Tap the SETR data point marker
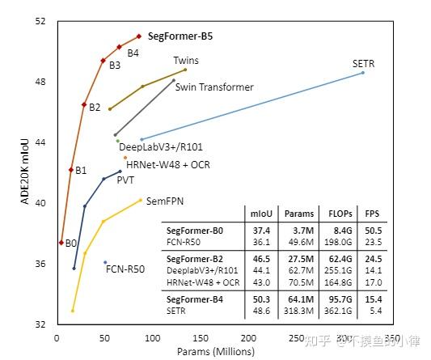click(x=363, y=73)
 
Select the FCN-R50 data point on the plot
click(x=105, y=262)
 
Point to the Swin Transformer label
click(x=214, y=87)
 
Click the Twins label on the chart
click(x=185, y=61)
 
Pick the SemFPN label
click(x=162, y=200)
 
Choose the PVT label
click(x=125, y=180)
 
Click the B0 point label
click(x=71, y=243)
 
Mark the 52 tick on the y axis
click(x=40, y=21)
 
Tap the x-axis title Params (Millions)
click(x=216, y=351)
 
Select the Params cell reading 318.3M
click(x=298, y=309)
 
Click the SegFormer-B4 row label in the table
click(x=195, y=299)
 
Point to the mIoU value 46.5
click(x=260, y=258)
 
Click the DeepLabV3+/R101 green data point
click(x=117, y=141)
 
